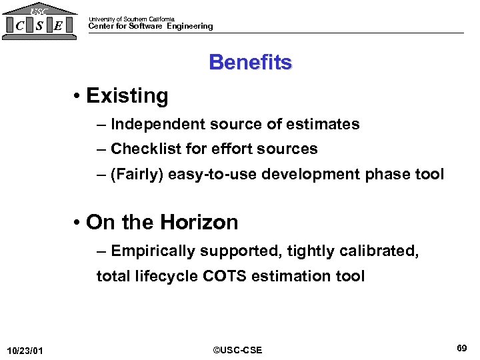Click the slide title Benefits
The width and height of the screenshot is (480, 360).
point(250,62)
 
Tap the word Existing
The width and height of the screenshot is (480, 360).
point(127,96)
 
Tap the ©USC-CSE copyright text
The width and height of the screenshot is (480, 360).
point(237,350)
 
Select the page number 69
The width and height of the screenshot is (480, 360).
point(461,348)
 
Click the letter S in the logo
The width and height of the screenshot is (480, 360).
point(40,26)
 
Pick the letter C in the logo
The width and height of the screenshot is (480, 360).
point(20,26)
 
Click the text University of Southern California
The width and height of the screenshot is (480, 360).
point(131,19)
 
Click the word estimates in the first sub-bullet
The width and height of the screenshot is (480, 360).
point(323,124)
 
